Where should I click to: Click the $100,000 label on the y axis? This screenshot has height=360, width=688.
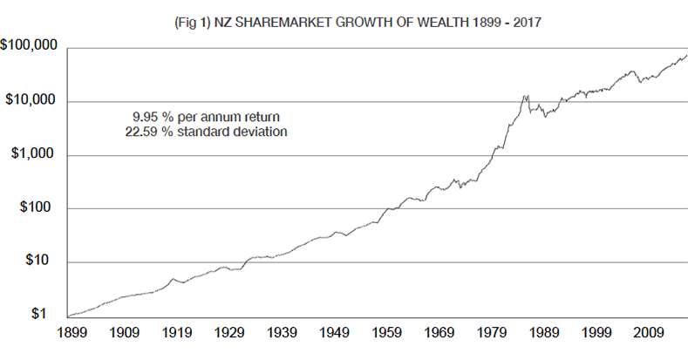pyautogui.click(x=29, y=45)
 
